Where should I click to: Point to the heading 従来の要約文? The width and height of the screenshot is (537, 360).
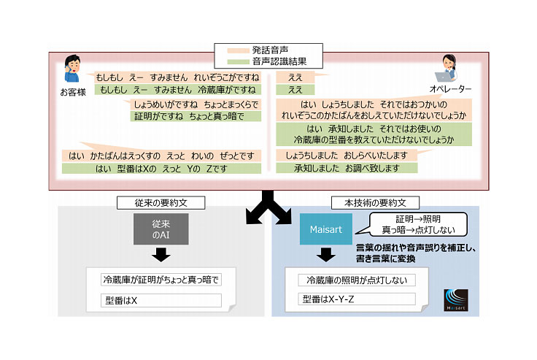tap(161, 202)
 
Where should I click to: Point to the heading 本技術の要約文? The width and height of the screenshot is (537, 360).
tap(374, 202)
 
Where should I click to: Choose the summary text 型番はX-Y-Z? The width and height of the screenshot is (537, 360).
tap(325, 299)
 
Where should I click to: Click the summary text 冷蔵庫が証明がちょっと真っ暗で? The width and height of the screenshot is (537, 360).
tap(161, 280)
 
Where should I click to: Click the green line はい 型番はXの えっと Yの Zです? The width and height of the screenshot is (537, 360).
tap(162, 169)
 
